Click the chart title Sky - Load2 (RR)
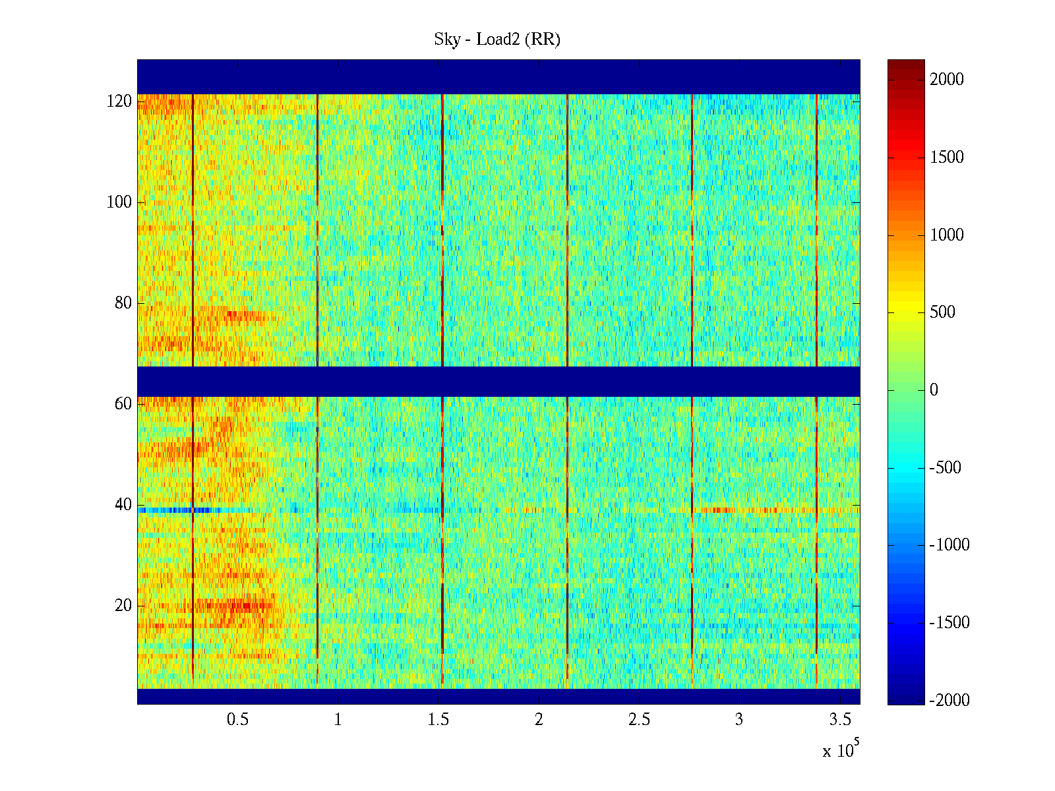click(497, 40)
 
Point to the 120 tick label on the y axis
click(119, 102)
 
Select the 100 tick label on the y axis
click(119, 202)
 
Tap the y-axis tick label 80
click(123, 303)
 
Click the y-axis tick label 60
click(123, 404)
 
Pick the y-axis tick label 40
click(123, 505)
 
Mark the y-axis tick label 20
click(123, 606)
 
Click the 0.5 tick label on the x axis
click(237, 720)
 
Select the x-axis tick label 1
click(338, 720)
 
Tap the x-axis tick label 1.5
click(438, 720)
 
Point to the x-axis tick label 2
click(539, 720)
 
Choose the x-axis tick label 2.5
click(639, 720)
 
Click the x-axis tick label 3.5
click(839, 720)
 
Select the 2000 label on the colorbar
click(947, 80)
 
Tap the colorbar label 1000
click(947, 235)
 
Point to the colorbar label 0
click(934, 390)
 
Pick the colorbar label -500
click(945, 468)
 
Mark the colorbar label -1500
click(950, 623)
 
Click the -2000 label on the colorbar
click(950, 701)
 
